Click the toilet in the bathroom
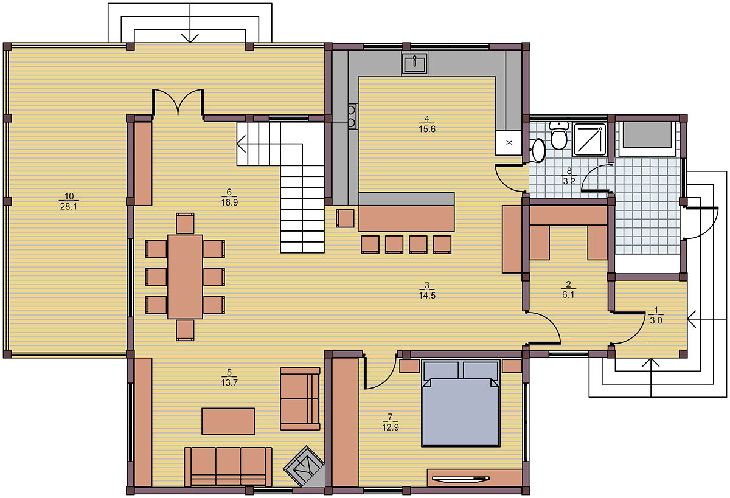559,135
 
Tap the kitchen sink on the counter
414,63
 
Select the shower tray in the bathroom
590,139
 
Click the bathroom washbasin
537,150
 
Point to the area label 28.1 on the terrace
68,207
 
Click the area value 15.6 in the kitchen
427,129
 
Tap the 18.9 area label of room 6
229,202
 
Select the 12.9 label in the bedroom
391,427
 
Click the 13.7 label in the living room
229,382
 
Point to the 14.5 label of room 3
427,296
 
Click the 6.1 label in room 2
568,295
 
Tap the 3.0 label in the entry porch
656,321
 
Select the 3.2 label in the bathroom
569,181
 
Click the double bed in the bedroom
461,403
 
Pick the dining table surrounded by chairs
185,277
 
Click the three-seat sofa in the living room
228,466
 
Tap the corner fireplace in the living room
304,466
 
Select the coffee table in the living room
228,421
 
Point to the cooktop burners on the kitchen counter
352,117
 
